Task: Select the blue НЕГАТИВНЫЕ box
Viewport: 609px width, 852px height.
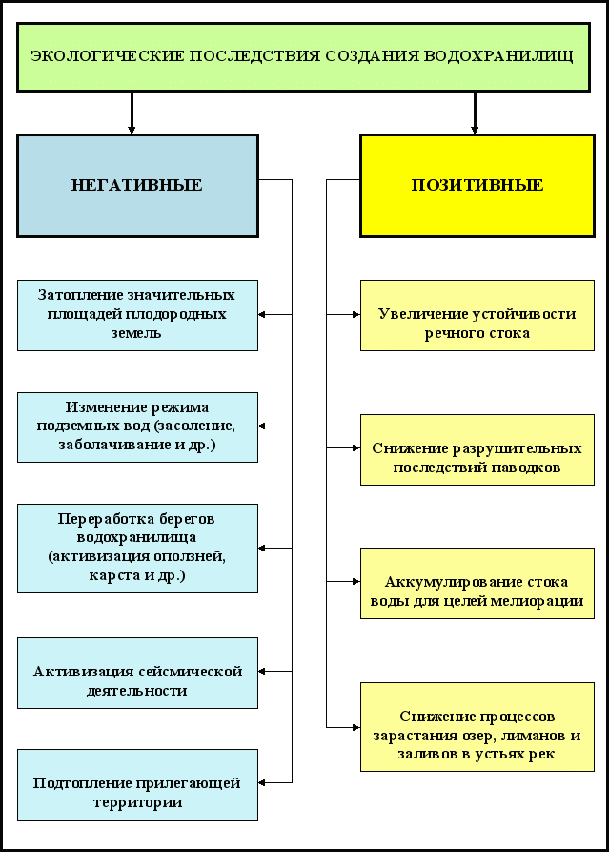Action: coord(137,185)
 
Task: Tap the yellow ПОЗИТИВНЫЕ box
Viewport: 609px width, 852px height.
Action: coord(477,185)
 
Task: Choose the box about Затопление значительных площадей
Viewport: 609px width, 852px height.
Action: coord(137,315)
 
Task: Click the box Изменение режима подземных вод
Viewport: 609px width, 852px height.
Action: coord(137,426)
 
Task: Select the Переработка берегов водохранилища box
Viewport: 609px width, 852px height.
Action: coord(137,548)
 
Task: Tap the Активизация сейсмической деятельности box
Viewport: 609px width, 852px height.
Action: coord(137,673)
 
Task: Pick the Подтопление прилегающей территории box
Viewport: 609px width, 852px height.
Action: coord(137,784)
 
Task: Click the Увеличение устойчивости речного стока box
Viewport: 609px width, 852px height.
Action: coord(477,315)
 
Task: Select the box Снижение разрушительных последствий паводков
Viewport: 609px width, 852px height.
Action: coord(477,449)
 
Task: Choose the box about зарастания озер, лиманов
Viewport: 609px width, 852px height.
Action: coord(477,727)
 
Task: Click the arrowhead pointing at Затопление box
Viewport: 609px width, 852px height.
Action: coord(264,315)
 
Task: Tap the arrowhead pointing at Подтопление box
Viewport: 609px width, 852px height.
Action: coord(264,784)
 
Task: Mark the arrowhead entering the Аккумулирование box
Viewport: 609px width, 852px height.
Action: coord(355,582)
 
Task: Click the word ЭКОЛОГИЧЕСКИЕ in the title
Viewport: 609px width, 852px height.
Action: coord(91,56)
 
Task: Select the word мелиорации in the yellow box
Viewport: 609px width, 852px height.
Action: coord(538,602)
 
